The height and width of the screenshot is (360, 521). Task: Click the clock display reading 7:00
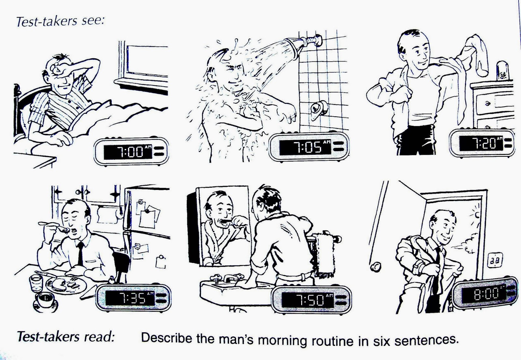[128, 152]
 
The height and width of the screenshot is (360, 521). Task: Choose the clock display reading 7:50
[307, 300]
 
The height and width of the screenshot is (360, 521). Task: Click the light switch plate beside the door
[495, 260]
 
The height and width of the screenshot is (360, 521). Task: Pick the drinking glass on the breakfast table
[36, 283]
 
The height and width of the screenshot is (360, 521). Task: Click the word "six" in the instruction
[382, 340]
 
